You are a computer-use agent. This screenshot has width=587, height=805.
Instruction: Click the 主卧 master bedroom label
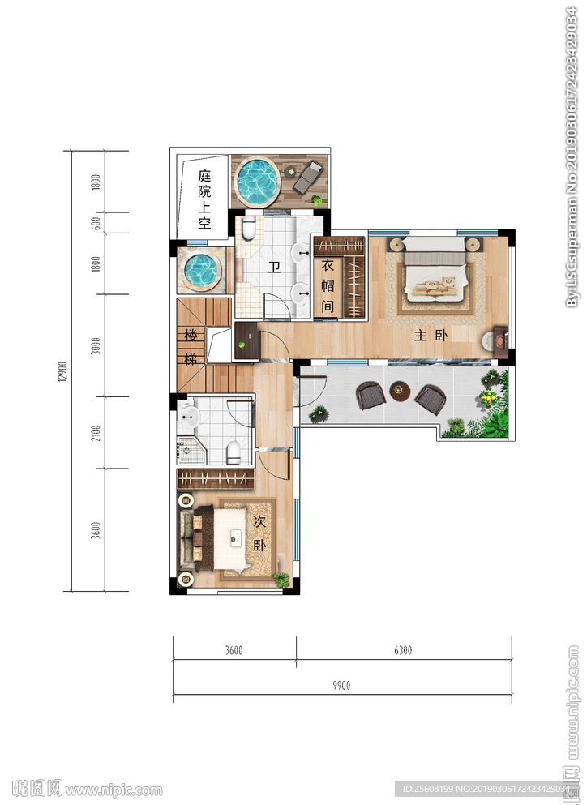pos(431,336)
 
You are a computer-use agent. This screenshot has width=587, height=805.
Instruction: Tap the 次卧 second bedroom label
pos(259,533)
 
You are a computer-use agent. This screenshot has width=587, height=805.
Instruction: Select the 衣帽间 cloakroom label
pos(328,286)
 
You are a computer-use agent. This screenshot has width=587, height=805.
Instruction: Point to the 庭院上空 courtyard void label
pos(204,199)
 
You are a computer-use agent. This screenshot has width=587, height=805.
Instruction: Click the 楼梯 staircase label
pos(191,348)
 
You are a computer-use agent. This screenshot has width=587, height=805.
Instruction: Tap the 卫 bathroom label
pos(275,267)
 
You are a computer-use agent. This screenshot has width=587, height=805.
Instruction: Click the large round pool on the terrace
pos(257,182)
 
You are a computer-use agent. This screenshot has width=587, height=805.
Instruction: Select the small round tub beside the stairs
pos(202,270)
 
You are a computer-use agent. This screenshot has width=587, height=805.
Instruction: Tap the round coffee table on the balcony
pos(400,392)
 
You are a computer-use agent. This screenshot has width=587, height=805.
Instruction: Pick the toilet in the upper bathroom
pos(249,229)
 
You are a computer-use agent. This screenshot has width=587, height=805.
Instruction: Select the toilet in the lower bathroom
pos(233,452)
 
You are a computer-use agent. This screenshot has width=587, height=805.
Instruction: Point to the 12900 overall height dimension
pos(62,371)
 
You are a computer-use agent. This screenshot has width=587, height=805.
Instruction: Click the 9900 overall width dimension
pos(341,685)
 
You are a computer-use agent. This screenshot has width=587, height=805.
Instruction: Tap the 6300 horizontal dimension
pos(403,650)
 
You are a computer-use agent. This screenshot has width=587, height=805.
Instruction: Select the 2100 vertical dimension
pos(96,433)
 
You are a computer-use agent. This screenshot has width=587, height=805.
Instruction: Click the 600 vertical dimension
pos(96,224)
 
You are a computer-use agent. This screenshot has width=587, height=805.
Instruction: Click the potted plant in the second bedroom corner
pos(281,579)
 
